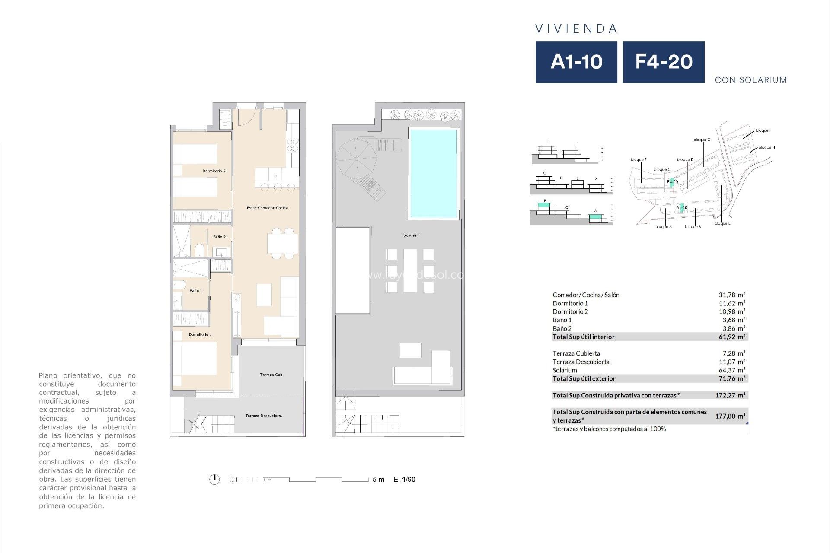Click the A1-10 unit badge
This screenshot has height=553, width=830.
coord(576,62)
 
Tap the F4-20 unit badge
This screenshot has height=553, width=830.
coord(664,62)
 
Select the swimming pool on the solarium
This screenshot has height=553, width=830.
coord(433,173)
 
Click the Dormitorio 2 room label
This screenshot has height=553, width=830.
coord(214,171)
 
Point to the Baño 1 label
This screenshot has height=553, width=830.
coord(196,291)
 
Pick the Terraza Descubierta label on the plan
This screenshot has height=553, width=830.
coord(263,416)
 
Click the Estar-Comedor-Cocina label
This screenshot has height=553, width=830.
coord(267,208)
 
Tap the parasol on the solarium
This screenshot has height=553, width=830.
coord(356,159)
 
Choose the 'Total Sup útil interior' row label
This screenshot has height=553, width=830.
coord(583,337)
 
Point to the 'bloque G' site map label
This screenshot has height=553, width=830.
coord(702,140)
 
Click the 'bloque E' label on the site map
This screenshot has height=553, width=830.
coord(722,223)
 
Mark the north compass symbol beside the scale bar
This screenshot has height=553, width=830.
coord(214,479)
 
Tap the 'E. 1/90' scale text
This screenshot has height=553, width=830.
coord(404,480)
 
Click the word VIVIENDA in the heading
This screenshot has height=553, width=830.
coord(576,29)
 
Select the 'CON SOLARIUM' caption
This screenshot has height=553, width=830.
coord(750,80)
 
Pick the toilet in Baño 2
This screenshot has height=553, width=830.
coord(199,250)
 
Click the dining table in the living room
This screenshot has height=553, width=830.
coord(282,243)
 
